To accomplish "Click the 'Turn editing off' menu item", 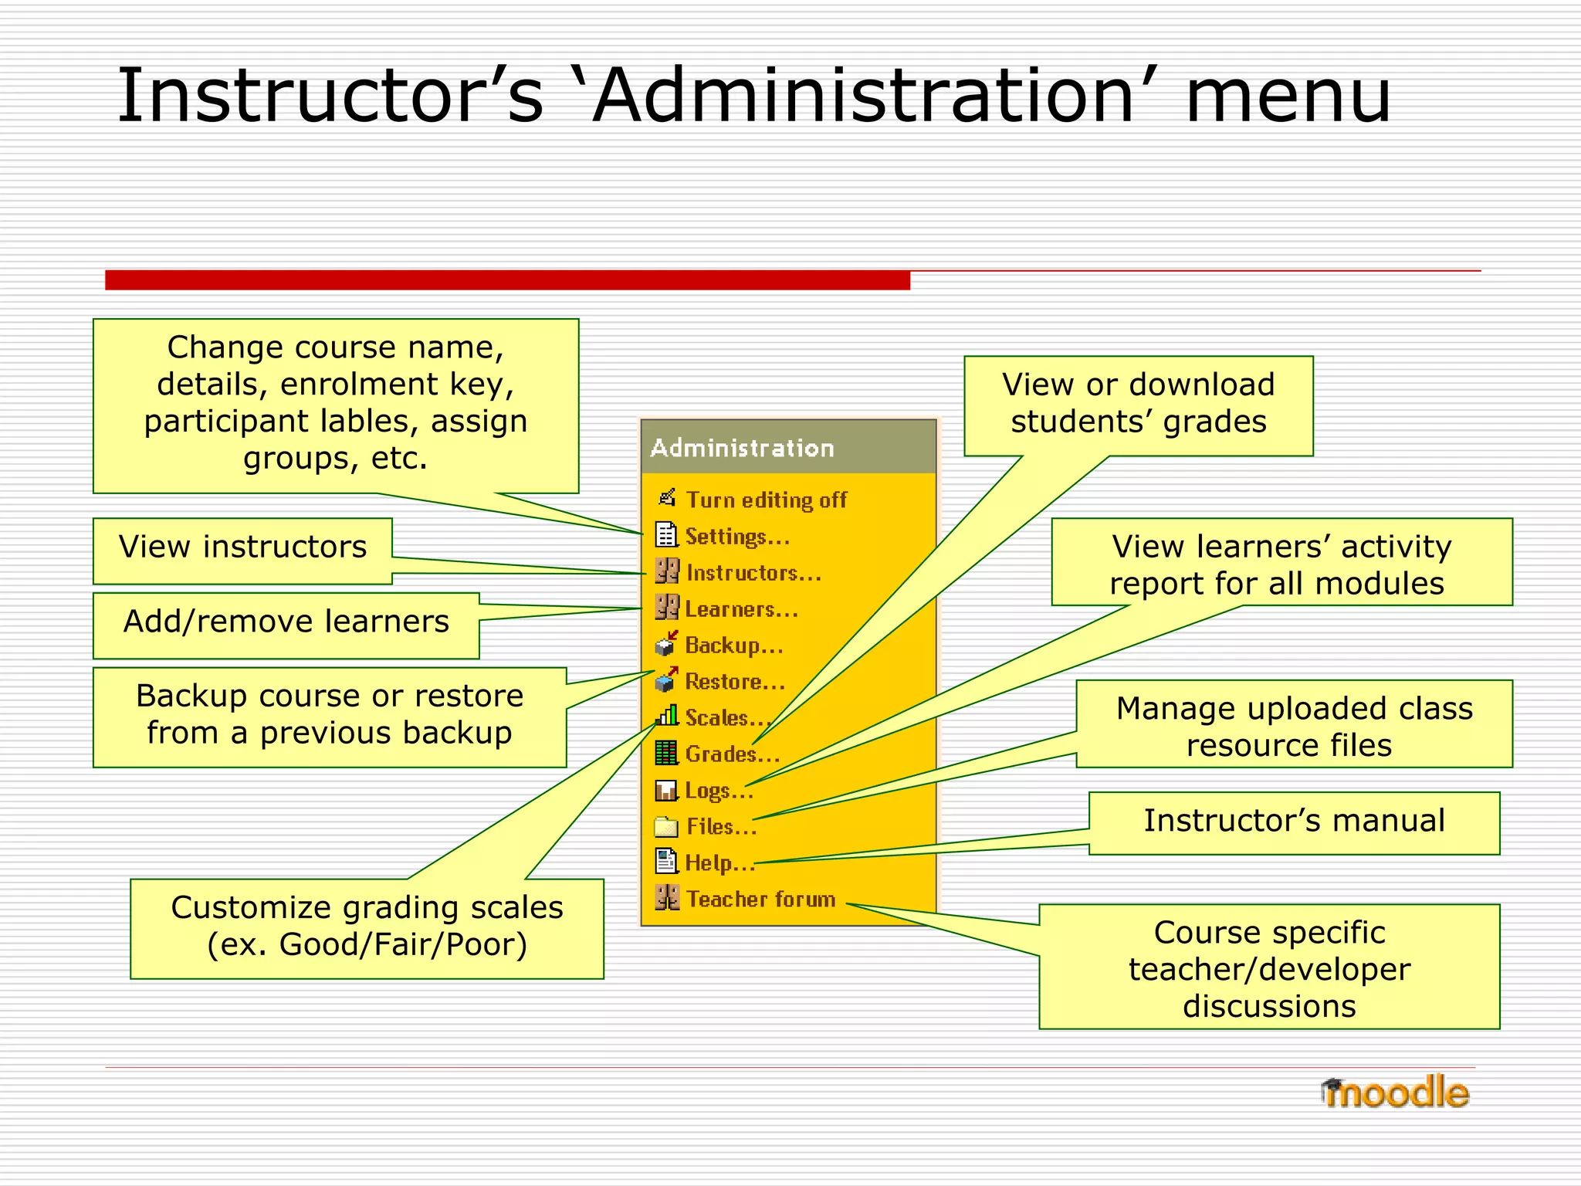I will [766, 500].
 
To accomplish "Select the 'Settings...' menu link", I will [737, 537].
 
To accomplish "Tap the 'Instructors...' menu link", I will [753, 573].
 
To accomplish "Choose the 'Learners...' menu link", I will [741, 609].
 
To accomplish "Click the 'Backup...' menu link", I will [733, 646].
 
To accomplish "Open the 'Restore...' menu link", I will [734, 682].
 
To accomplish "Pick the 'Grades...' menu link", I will [732, 754].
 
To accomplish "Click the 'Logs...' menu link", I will [718, 791].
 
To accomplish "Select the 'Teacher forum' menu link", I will [760, 900].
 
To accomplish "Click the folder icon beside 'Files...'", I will [665, 827].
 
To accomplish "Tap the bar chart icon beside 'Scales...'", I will [667, 716].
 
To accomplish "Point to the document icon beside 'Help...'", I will [665, 862].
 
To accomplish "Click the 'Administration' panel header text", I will [742, 448].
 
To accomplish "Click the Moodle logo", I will [1394, 1093].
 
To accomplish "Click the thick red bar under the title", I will [507, 280].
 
